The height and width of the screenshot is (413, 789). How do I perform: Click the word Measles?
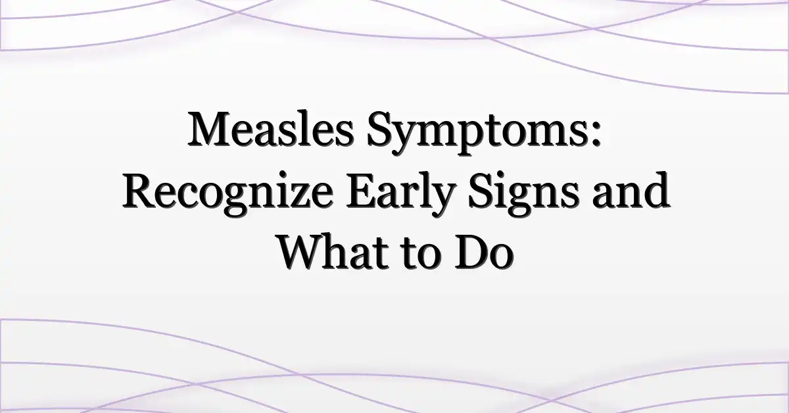[x=270, y=129]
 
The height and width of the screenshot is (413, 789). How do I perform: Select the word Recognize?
[x=227, y=193]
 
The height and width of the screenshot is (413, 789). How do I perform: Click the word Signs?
[x=523, y=193]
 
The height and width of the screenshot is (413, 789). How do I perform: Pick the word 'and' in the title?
[x=631, y=189]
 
